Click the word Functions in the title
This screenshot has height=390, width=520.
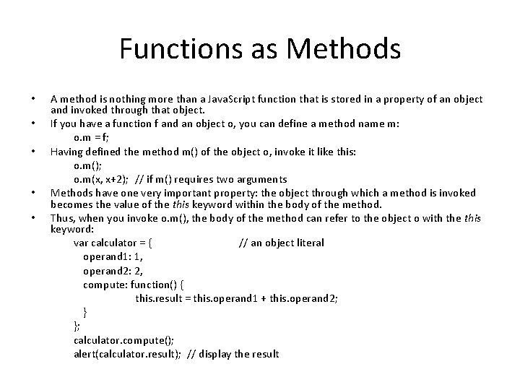pyautogui.click(x=170, y=48)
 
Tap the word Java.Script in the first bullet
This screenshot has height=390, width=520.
pyautogui.click(x=223, y=99)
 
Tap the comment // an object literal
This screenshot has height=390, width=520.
pyautogui.click(x=281, y=243)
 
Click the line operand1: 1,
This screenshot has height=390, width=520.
pyautogui.click(x=113, y=256)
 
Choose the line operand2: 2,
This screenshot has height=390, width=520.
pyautogui.click(x=113, y=270)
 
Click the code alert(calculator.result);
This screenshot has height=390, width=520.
pyautogui.click(x=128, y=353)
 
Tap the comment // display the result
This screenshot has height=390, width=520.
pyautogui.click(x=233, y=353)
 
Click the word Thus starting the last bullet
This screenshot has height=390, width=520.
pyautogui.click(x=61, y=218)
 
